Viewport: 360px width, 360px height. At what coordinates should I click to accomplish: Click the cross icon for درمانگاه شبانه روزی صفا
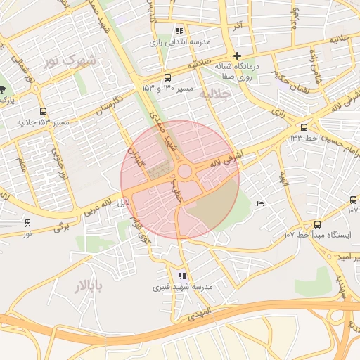(238, 56)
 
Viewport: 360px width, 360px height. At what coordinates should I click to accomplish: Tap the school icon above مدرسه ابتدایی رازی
(179, 32)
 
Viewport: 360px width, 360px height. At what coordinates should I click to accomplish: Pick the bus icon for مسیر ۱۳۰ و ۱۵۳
(167, 78)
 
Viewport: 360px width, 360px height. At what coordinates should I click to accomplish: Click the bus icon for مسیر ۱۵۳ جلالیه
(44, 112)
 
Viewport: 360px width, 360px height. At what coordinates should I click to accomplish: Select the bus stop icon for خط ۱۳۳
(304, 127)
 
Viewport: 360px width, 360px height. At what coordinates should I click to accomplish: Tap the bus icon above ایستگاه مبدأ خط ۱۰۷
(318, 224)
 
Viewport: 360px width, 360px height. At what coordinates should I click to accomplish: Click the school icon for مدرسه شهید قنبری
(182, 276)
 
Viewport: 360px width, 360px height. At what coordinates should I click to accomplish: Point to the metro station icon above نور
(27, 223)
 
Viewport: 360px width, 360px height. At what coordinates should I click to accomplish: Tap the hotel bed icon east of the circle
(261, 204)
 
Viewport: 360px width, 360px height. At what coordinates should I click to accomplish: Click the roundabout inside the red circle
(186, 172)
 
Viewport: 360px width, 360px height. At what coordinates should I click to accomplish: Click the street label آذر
(238, 27)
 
